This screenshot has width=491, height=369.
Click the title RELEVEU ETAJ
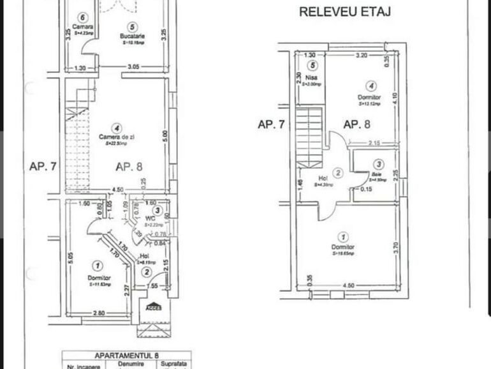(x=345, y=11)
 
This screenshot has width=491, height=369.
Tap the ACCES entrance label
(x=153, y=306)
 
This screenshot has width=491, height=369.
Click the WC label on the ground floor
(x=150, y=218)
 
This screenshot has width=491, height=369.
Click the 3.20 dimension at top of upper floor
(x=361, y=56)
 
